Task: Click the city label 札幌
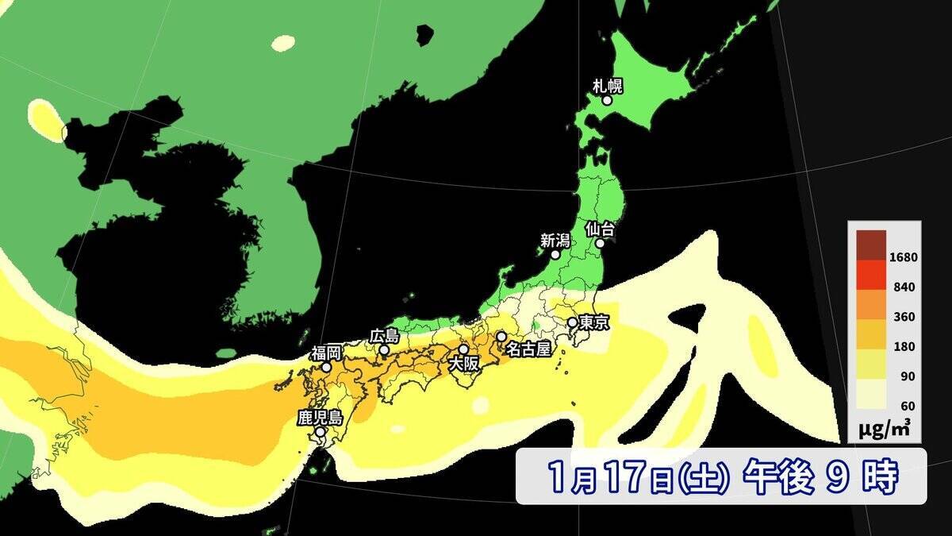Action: [x=607, y=84]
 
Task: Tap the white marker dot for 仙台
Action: [x=601, y=244]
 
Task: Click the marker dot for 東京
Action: [x=572, y=322]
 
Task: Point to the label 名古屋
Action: [x=528, y=349]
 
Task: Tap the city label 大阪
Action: [x=464, y=364]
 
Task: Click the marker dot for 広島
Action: [x=384, y=350]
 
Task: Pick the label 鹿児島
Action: [x=320, y=417]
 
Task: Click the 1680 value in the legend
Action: [x=903, y=257]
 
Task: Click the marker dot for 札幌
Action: [x=607, y=101]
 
